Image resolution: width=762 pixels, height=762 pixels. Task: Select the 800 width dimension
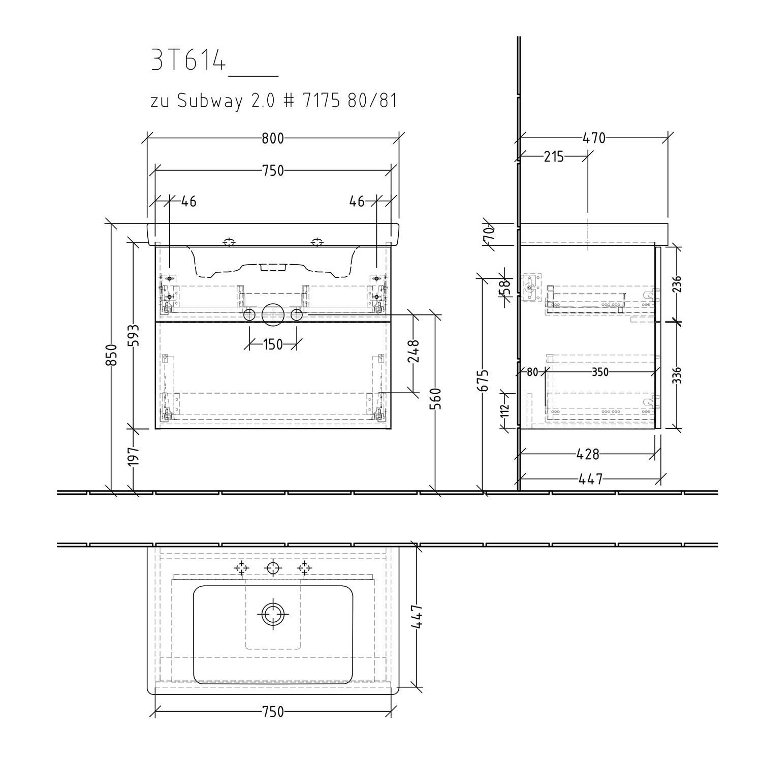(x=273, y=138)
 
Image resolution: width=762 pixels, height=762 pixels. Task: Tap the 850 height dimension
(x=112, y=355)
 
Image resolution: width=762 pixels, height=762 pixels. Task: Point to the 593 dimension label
(x=133, y=335)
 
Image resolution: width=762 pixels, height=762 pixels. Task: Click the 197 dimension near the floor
(x=133, y=456)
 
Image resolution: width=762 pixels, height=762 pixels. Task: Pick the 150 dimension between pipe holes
(x=273, y=345)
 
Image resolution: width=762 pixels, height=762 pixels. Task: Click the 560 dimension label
(x=436, y=399)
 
